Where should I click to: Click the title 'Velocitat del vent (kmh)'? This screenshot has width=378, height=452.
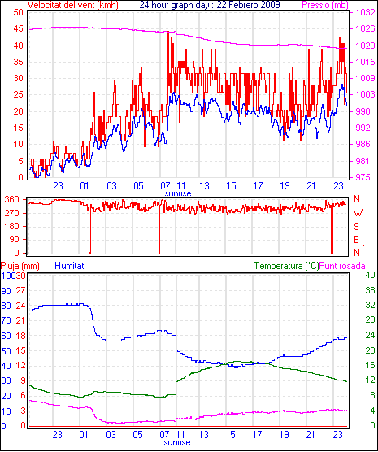[73, 5]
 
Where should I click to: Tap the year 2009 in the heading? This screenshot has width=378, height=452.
[269, 5]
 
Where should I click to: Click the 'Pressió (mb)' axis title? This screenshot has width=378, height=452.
[325, 5]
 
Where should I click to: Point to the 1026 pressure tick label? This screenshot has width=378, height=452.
[365, 28]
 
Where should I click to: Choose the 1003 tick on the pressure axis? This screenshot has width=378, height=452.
[365, 94]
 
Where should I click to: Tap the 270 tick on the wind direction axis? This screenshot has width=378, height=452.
[12, 213]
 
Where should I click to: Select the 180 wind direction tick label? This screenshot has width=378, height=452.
[12, 227]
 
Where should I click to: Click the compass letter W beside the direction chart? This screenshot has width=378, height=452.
[358, 213]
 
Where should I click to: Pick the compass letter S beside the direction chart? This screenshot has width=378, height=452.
[357, 227]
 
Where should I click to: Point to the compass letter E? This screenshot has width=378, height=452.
[357, 240]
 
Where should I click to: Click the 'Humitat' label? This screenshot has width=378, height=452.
[69, 266]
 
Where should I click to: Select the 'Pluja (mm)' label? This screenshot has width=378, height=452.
[20, 266]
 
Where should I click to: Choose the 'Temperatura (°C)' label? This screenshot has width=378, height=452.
[287, 266]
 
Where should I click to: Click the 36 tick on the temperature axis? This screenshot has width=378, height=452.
[370, 290]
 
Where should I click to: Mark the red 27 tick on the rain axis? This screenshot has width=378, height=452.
[21, 290]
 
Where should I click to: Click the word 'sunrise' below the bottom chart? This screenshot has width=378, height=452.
[177, 442]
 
